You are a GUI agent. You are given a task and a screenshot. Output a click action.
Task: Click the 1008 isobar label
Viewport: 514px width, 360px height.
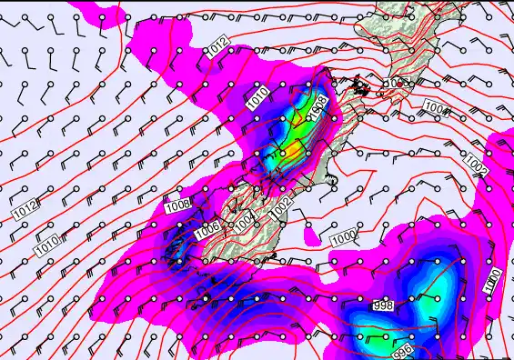tap(177, 207)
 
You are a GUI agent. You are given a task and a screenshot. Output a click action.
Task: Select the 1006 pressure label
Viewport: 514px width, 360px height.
tap(207, 228)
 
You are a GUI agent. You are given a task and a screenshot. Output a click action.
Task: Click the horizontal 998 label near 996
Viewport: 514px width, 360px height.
tap(383, 306)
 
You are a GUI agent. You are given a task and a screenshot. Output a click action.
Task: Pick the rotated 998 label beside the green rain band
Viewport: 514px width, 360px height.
tap(315, 110)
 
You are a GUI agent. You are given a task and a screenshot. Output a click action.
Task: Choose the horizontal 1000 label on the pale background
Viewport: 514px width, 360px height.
tap(343, 238)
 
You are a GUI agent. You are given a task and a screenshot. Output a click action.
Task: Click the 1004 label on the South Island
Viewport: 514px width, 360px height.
tap(244, 220)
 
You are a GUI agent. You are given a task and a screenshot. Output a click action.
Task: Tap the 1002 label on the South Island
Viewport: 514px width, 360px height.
tap(282, 206)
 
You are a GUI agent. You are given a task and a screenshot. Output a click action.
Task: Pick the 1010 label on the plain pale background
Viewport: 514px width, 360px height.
tap(47, 245)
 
